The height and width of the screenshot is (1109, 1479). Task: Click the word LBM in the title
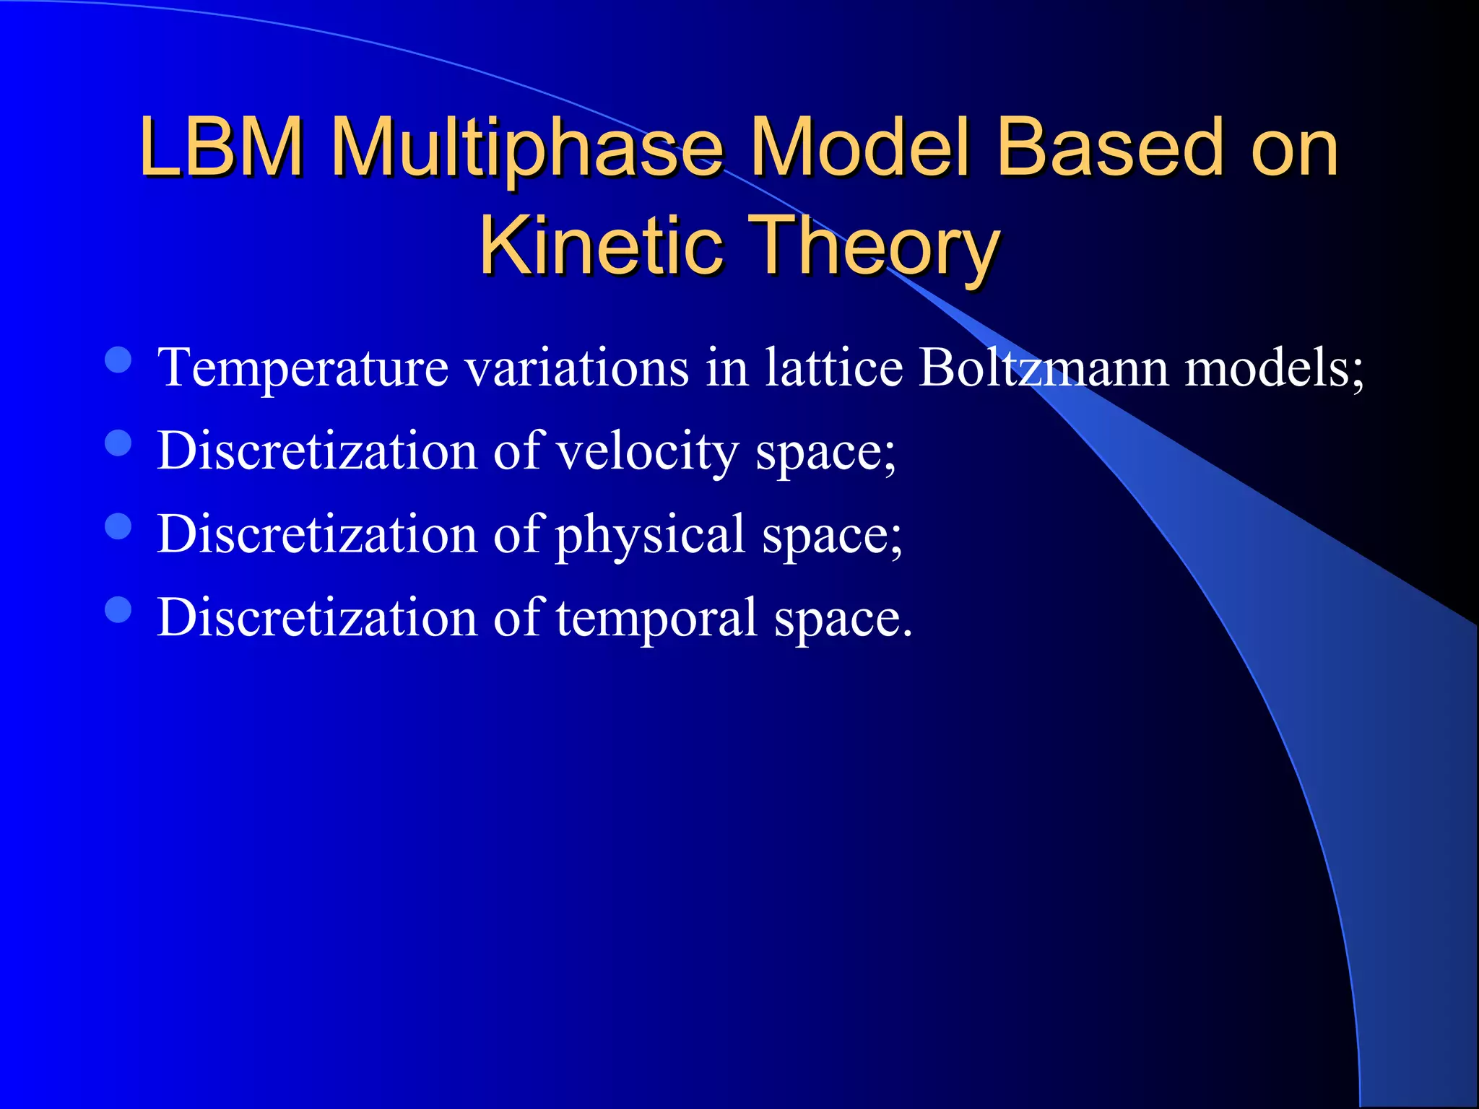pos(222,147)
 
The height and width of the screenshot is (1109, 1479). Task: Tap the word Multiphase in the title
pos(527,147)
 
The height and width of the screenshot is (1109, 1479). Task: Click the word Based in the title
pos(1109,147)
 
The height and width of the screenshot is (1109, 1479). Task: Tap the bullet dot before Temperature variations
pos(118,360)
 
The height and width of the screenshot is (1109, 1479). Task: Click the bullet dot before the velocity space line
pos(118,443)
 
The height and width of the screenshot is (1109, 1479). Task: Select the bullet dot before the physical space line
pos(118,526)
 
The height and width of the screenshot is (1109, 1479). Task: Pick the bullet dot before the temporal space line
pos(118,609)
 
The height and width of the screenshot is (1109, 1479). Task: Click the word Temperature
pos(303,368)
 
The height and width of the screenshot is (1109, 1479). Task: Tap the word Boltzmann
pos(1043,368)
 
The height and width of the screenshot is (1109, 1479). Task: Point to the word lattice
pos(833,368)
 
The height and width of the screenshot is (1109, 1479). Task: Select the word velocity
pos(647,452)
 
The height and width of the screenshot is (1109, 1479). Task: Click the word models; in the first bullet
pos(1275,368)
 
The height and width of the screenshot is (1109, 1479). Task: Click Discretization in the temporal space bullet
pos(317,617)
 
